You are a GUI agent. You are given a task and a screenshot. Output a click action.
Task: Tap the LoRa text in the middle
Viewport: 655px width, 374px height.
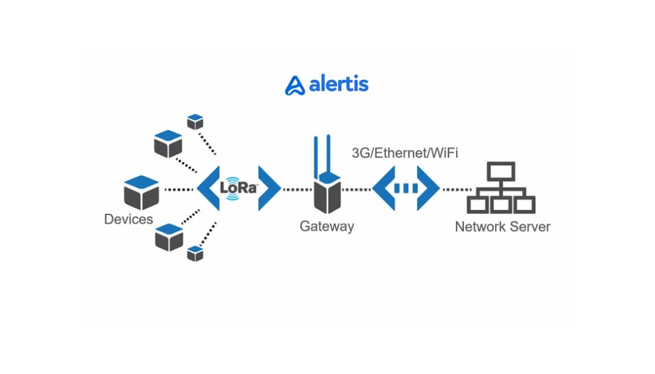[x=238, y=187]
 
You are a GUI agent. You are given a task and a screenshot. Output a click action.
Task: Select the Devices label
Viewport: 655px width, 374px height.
[x=129, y=219]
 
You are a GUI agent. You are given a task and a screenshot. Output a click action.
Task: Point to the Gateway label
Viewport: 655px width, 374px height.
[x=327, y=226]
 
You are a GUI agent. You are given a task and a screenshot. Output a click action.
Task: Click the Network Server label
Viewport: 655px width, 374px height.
[x=502, y=226]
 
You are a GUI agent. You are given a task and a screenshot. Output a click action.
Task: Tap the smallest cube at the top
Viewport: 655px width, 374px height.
[x=195, y=122]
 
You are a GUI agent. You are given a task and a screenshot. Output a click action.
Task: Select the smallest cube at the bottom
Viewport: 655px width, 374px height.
[x=195, y=253]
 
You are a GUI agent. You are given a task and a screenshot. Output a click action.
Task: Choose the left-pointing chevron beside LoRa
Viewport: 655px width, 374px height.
[x=207, y=187]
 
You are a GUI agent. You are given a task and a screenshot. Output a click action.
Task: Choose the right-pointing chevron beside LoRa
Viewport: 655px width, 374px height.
[x=269, y=187]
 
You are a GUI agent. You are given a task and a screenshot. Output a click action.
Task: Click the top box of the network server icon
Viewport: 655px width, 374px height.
[x=500, y=171]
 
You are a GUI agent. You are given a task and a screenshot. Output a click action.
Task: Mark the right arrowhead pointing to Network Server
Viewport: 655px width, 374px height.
[x=430, y=187]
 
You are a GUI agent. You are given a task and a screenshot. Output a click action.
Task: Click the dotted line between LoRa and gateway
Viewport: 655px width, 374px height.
[x=296, y=188]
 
